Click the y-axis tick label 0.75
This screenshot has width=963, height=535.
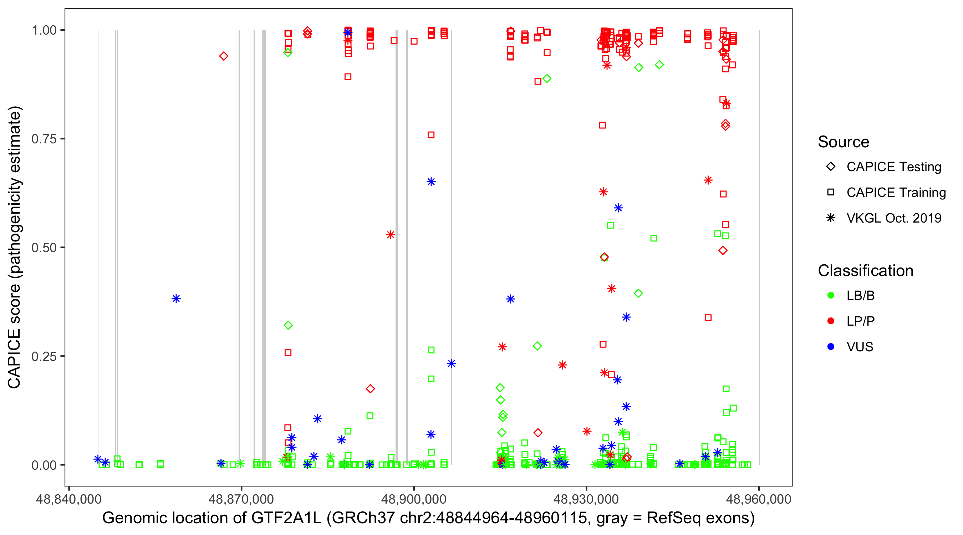pyautogui.click(x=44, y=139)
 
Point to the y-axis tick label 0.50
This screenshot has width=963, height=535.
pyautogui.click(x=44, y=248)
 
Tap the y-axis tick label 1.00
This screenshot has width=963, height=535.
pyautogui.click(x=44, y=30)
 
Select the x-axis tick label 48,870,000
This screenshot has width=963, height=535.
pyautogui.click(x=241, y=499)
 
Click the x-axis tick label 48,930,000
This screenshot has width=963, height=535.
pyautogui.click(x=586, y=499)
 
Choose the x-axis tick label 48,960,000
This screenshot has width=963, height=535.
pyautogui.click(x=759, y=499)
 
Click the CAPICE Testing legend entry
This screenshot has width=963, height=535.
pyautogui.click(x=893, y=167)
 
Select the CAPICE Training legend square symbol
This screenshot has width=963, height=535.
pyautogui.click(x=831, y=193)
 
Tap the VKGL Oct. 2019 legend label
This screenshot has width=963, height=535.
pyautogui.click(x=893, y=218)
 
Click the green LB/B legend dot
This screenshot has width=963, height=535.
pyautogui.click(x=831, y=295)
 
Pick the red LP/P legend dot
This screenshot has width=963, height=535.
pyautogui.click(x=831, y=321)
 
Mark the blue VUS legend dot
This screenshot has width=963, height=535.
pyautogui.click(x=831, y=347)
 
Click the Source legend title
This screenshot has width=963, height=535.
pyautogui.click(x=844, y=142)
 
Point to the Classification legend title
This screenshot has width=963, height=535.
pyautogui.click(x=865, y=271)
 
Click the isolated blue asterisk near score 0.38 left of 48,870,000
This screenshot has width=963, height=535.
pyautogui.click(x=176, y=298)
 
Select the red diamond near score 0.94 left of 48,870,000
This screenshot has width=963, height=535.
pyautogui.click(x=224, y=56)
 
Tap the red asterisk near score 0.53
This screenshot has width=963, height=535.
pyautogui.click(x=390, y=235)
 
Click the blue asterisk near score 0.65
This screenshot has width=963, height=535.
pyautogui.click(x=431, y=182)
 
